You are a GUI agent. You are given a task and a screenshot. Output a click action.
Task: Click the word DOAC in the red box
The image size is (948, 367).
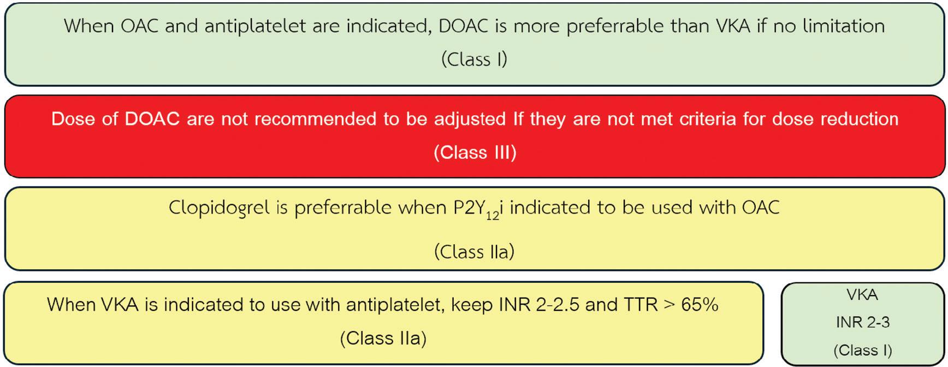click(x=152, y=119)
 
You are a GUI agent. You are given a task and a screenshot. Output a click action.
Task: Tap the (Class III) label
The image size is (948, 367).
click(x=475, y=152)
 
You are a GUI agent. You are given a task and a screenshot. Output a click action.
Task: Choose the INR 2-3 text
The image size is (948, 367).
click(x=863, y=322)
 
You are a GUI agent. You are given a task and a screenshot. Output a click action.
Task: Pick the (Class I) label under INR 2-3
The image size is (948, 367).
click(x=863, y=350)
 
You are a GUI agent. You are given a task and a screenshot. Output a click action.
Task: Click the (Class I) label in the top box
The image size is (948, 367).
click(x=474, y=59)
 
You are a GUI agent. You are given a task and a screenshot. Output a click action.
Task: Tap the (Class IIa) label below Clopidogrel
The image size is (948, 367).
click(x=474, y=252)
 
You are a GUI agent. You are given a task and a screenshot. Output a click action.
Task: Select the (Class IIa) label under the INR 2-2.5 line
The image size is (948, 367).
click(x=383, y=339)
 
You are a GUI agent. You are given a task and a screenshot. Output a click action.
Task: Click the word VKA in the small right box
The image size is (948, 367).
click(x=862, y=295)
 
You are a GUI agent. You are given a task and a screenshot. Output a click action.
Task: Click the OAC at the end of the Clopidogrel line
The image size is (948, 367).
click(x=761, y=208)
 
